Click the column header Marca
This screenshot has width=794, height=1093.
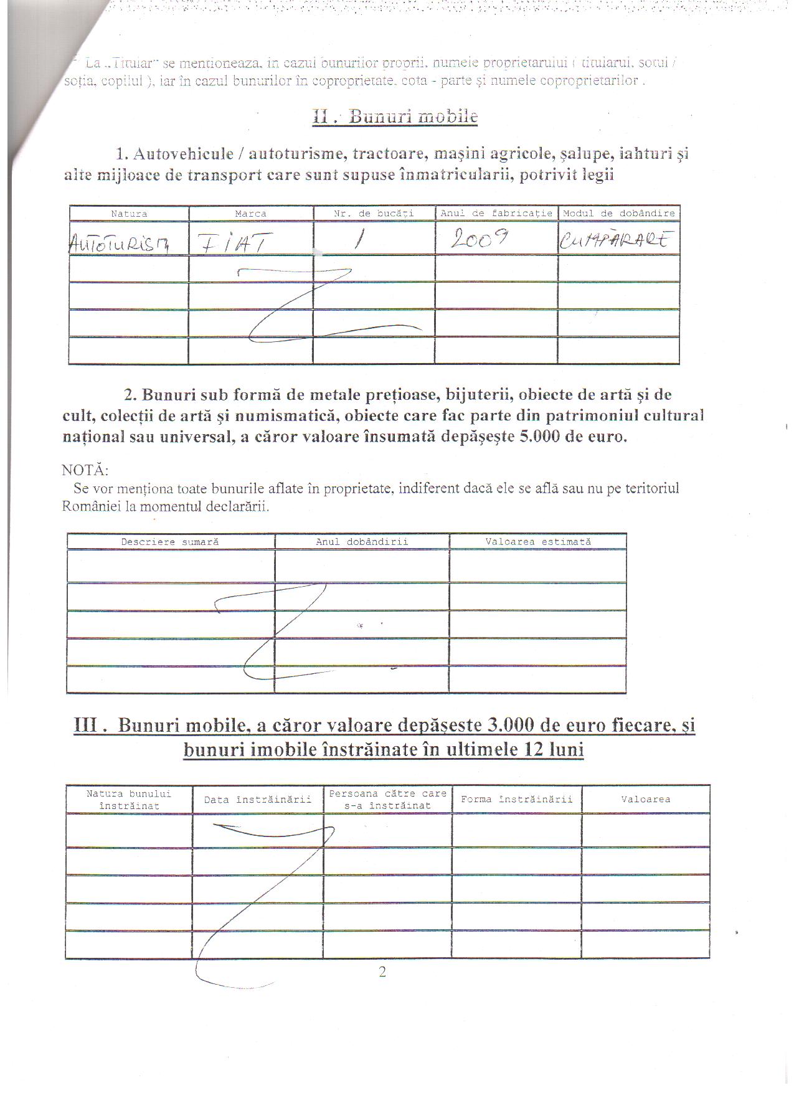click(x=250, y=214)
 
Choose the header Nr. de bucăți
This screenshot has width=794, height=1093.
click(x=374, y=213)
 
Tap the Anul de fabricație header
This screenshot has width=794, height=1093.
click(x=496, y=213)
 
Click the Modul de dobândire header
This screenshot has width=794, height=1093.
click(x=618, y=213)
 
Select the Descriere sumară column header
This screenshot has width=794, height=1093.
click(x=170, y=542)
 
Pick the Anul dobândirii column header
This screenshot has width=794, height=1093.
click(x=362, y=542)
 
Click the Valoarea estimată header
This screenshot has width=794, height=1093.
click(x=538, y=542)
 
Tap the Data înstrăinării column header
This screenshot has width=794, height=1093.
click(x=257, y=800)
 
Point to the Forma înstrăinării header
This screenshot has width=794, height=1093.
click(x=516, y=799)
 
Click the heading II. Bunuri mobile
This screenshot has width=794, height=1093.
click(x=395, y=116)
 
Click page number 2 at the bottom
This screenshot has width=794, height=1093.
click(x=382, y=972)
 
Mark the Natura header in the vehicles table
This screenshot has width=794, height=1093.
click(x=129, y=214)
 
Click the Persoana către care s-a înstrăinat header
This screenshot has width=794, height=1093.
click(x=387, y=800)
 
